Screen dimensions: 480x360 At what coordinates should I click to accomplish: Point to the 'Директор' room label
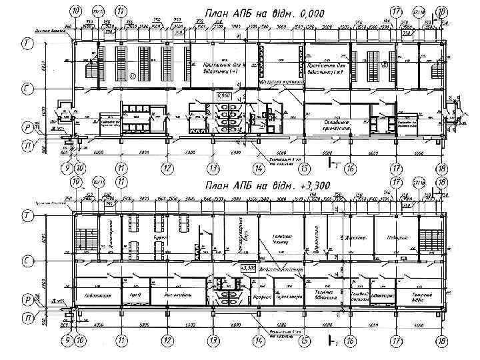tap(357, 237)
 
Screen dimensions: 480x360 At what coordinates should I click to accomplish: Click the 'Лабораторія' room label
tap(93, 295)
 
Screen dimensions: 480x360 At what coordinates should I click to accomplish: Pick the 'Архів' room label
tap(133, 295)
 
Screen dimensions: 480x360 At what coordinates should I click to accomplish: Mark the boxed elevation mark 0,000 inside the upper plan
tap(223, 96)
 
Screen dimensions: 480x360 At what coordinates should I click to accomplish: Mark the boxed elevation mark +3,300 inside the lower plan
tap(248, 267)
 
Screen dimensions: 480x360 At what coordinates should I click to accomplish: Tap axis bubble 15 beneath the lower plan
tap(305, 340)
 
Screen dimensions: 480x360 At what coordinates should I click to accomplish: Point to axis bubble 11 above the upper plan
tap(121, 11)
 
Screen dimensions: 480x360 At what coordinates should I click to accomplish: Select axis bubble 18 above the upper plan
tap(441, 11)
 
